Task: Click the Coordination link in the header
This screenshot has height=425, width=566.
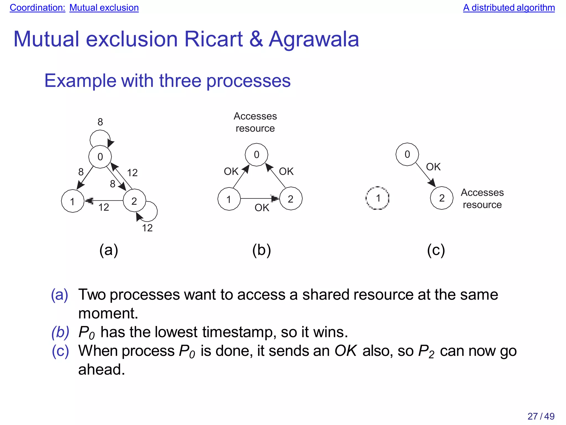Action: [37, 8]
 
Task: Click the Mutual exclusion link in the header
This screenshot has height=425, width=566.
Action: [104, 8]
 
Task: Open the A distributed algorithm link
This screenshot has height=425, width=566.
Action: [509, 8]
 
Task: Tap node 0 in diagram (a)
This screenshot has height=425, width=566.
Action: [100, 157]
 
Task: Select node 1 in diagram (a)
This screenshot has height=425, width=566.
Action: [72, 201]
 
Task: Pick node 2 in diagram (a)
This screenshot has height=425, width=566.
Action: [134, 201]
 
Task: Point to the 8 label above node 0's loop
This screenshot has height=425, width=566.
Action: [100, 122]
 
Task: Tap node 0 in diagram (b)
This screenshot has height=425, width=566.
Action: [256, 155]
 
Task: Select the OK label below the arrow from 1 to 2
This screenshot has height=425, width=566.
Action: [262, 208]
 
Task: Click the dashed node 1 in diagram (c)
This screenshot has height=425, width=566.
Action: [378, 198]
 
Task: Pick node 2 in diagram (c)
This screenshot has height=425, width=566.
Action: [442, 198]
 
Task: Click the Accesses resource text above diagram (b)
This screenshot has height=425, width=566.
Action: [255, 122]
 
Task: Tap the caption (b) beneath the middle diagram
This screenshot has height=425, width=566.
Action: [261, 250]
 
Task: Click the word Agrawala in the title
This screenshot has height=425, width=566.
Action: [314, 39]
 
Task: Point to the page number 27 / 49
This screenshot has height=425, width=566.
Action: [541, 416]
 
